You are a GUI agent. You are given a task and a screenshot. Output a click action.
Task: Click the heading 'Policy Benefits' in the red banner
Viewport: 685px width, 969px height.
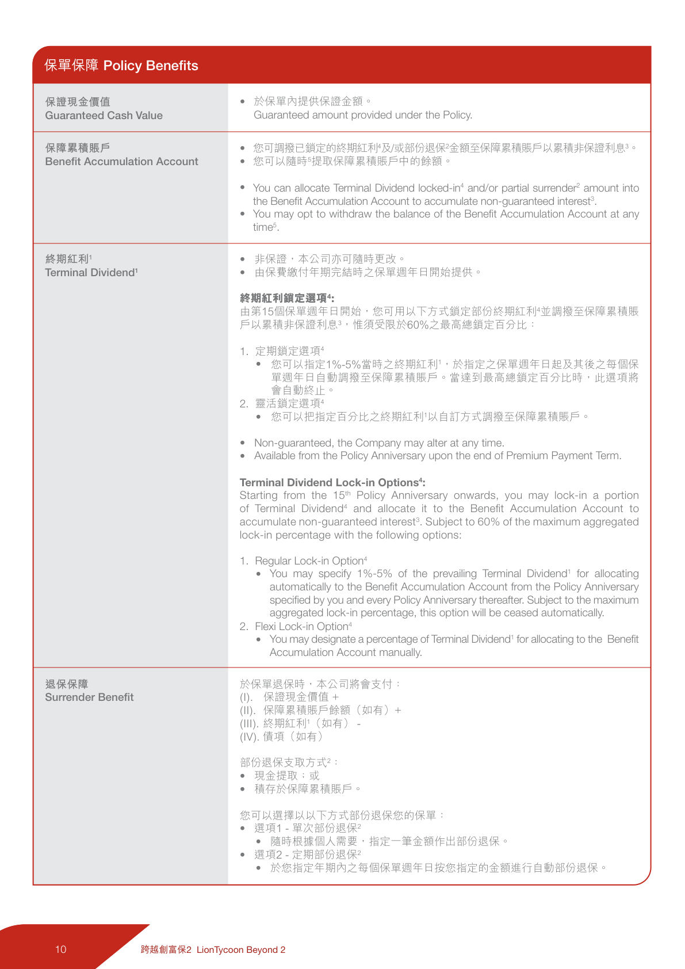point(151,66)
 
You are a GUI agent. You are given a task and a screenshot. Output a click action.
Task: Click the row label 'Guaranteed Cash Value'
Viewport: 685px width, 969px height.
point(104,115)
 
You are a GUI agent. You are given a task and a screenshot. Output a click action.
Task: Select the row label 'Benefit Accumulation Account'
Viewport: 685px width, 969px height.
point(121,162)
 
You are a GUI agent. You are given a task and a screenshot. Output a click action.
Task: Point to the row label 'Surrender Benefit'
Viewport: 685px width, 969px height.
point(89,697)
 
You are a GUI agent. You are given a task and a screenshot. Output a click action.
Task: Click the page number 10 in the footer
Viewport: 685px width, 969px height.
point(61,949)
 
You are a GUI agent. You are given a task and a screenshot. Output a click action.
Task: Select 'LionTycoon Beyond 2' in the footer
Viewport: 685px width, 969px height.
point(241,950)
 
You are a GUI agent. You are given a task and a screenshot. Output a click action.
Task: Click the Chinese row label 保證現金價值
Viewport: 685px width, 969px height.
point(78,102)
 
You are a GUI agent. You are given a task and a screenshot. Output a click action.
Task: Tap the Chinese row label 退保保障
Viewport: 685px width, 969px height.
point(67,684)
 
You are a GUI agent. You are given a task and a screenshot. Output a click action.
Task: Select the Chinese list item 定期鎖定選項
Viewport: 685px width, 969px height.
point(289,351)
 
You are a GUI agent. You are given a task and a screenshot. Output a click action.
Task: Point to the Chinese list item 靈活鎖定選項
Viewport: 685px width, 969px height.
point(289,404)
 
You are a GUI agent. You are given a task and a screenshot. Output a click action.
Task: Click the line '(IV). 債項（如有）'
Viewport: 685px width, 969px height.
point(281,737)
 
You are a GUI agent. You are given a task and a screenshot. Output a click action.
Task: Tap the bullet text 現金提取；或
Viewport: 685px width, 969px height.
point(286,776)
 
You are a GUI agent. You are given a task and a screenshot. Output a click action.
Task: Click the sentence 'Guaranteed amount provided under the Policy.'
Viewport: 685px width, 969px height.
point(363,115)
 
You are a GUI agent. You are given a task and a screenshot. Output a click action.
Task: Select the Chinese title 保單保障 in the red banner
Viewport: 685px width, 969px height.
point(71,66)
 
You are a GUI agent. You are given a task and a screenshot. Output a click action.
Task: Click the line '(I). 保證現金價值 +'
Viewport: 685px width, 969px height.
point(289,697)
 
